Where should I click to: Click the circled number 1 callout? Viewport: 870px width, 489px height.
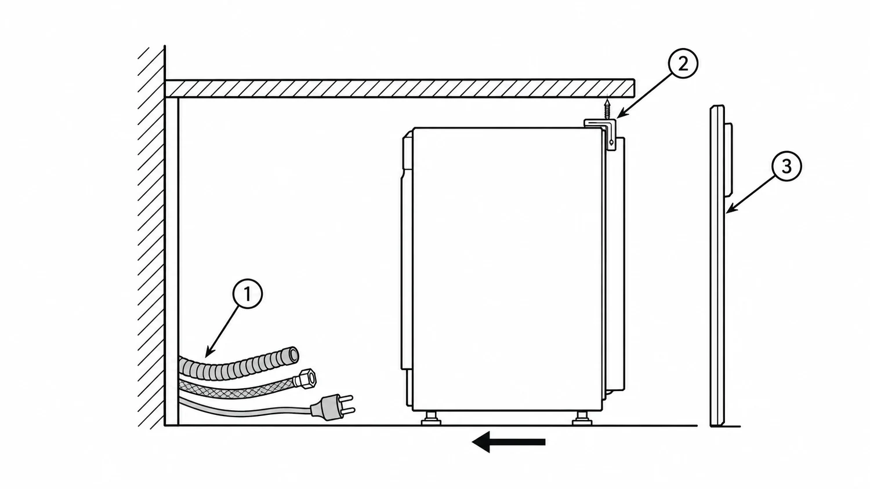pos(248,294)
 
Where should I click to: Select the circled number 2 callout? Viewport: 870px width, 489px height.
pos(683,63)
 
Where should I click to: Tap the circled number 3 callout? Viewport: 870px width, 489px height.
pos(786,167)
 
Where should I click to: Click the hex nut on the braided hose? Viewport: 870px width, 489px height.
pos(306,378)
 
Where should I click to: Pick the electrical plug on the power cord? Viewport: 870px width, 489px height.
pos(332,407)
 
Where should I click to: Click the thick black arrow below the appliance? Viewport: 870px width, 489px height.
pos(509,442)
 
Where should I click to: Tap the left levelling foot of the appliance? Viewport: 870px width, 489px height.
pos(431,418)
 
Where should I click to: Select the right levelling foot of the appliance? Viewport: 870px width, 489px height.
pos(582,418)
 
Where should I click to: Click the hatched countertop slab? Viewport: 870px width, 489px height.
pos(400,89)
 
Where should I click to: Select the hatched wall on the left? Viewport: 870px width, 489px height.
pos(151,238)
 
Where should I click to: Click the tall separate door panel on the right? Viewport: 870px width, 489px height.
pos(718,266)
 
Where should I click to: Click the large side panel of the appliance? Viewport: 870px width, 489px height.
pos(507,269)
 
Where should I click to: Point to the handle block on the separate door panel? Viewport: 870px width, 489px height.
pos(729,160)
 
